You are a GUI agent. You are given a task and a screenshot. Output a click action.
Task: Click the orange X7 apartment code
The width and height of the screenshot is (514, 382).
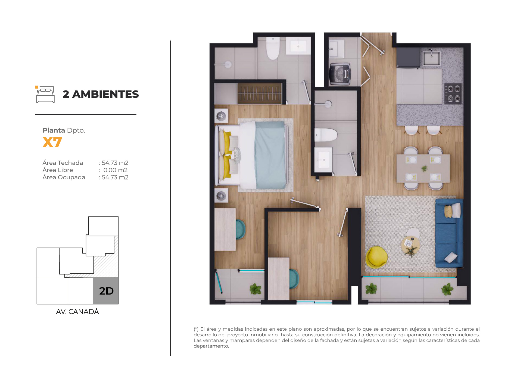coord(52,142)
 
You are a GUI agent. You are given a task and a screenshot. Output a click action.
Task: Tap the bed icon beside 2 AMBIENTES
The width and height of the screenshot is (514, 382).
coord(45,94)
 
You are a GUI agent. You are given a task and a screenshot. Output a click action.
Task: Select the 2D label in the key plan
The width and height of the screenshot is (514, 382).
coord(106,291)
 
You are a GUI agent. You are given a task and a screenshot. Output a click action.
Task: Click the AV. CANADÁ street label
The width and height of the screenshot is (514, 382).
coord(77,312)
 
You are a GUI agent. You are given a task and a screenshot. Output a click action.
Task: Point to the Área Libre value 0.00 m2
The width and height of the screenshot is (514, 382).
coord(116,170)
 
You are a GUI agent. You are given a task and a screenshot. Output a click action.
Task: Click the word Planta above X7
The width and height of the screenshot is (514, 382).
coord(54,130)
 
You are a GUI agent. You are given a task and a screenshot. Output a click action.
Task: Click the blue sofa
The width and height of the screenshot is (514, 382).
coord(449,233)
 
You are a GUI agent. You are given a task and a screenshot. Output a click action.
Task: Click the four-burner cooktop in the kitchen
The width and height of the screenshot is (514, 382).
coord(453,94)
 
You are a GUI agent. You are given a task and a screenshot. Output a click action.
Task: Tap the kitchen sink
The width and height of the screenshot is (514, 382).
coord(431,58)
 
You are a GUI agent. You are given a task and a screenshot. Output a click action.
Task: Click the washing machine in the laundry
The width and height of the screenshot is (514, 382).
coord(339,74)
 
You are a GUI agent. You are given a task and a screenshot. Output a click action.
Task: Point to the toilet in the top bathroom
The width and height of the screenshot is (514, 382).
coord(273,48)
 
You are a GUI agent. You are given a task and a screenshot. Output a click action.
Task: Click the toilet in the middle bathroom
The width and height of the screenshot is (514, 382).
coord(326,135)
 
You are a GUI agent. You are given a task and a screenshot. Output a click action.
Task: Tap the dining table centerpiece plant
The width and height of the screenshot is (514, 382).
coord(424,168)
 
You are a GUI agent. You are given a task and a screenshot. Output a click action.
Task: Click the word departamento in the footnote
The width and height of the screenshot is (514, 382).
coord(211,346)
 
